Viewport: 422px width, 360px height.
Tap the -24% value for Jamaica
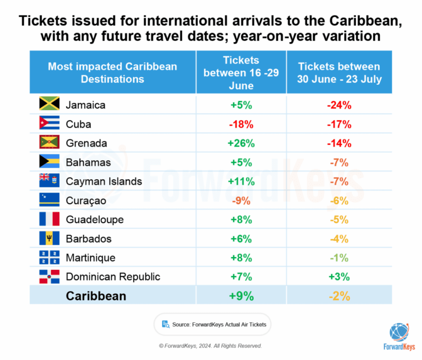click(339, 106)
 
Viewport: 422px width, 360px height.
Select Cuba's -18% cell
click(241, 125)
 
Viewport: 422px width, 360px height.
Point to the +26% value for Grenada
click(241, 143)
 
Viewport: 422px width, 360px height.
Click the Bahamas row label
click(88, 162)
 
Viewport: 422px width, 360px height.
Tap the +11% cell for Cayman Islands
click(241, 182)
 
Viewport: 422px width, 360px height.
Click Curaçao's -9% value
click(241, 201)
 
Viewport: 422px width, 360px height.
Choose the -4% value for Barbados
click(339, 239)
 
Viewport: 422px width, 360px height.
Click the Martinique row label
click(91, 258)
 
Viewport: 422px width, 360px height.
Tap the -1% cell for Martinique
click(339, 258)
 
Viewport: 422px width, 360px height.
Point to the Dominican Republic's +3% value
click(339, 277)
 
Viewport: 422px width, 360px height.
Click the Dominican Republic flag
click(49, 276)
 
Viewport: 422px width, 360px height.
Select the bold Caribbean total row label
click(96, 296)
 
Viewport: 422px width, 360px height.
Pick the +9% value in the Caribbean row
click(241, 296)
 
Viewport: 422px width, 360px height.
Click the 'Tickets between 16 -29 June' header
click(241, 72)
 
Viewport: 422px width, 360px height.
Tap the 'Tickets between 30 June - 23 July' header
click(339, 72)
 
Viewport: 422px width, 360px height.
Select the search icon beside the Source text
click(165, 324)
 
